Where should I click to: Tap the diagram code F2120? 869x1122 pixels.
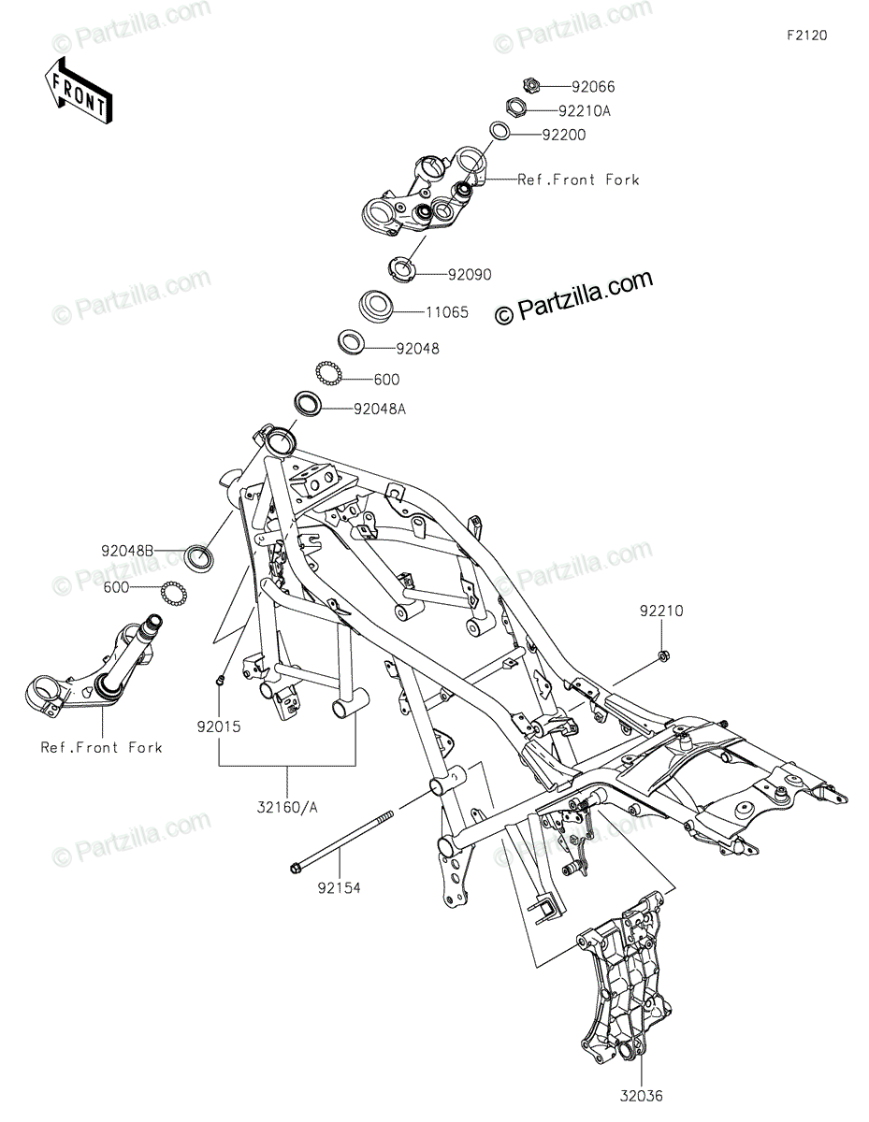[806, 36]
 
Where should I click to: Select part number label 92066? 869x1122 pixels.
[593, 86]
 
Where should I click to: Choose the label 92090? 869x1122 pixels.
[469, 274]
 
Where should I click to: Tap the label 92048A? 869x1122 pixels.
[380, 409]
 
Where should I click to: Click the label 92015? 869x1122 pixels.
[220, 724]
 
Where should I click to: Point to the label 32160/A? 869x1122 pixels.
[288, 809]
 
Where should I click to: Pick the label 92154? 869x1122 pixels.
[337, 885]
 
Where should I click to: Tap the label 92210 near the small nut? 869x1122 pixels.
[662, 611]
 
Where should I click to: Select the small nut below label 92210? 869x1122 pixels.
[662, 655]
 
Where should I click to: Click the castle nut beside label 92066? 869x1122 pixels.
[530, 86]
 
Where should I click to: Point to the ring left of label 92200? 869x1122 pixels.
[498, 131]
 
